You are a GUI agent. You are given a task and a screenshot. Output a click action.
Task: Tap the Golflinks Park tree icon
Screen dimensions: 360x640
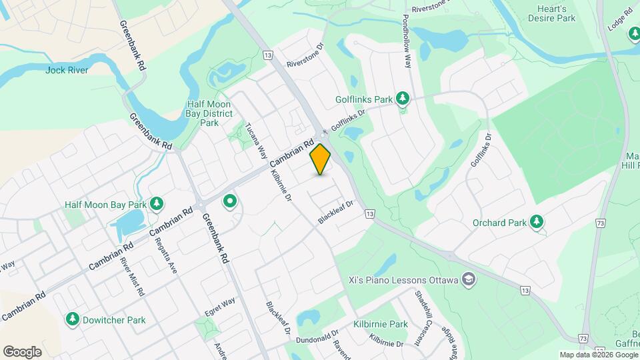coord(402,99)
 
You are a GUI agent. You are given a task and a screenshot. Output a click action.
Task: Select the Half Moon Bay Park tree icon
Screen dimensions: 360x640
coord(156,203)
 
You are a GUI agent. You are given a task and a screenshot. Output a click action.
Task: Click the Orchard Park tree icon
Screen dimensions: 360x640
coord(537,222)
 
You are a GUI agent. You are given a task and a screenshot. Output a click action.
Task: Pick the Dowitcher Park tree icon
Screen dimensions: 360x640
coord(72,319)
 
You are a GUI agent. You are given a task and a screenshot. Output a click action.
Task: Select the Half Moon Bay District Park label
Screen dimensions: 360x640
coord(209,113)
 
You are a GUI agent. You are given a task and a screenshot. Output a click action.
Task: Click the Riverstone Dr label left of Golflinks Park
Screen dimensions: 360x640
coord(305,56)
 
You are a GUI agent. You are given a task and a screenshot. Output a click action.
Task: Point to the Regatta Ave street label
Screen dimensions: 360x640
coord(165,257)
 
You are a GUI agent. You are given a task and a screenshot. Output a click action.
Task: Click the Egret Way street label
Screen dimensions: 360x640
coord(220,304)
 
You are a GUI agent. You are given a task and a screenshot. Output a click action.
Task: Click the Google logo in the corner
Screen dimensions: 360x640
coord(22,352)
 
